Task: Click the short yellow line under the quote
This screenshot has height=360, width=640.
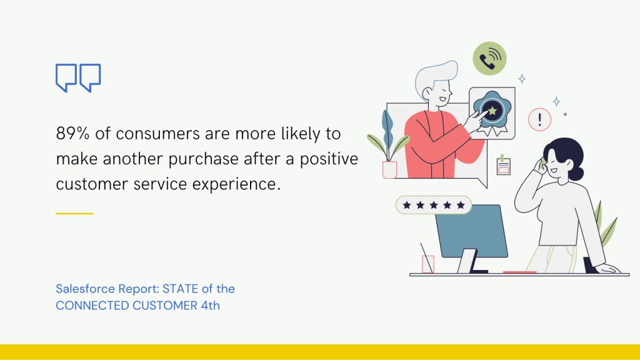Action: click(74, 213)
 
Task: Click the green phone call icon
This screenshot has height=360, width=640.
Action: click(489, 59)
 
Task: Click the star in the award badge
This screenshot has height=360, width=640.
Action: click(492, 111)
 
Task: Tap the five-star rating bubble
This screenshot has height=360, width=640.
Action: click(434, 205)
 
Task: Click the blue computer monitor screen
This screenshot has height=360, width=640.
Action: click(472, 231)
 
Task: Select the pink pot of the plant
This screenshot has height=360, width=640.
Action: click(389, 169)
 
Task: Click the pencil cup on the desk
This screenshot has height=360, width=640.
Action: click(428, 264)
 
